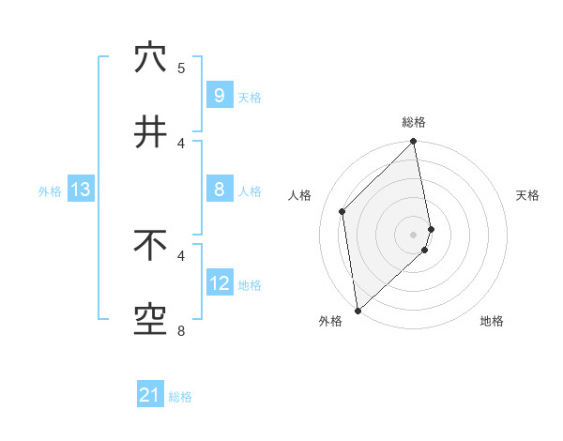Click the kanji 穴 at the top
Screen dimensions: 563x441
coord(150,58)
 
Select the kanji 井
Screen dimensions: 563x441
coord(150,132)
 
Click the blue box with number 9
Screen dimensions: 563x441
coord(219,95)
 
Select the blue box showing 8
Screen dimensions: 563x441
coord(219,190)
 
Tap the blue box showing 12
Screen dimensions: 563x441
coord(219,283)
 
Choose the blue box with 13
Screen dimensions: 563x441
coord(80,190)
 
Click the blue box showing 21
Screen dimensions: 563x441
coord(150,395)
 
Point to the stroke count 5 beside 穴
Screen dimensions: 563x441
coord(181,68)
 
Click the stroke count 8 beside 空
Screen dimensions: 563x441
coord(181,330)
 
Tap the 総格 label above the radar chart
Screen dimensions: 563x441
coord(414,122)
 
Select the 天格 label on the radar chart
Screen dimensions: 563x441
coord(528,195)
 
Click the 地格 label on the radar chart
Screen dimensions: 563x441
coord(492,321)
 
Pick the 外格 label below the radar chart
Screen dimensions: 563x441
coord(330,321)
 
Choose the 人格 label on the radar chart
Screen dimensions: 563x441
coord(300,195)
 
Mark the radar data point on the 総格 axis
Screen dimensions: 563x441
coord(414,143)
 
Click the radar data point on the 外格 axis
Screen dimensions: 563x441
coord(358,310)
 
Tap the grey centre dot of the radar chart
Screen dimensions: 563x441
coord(414,234)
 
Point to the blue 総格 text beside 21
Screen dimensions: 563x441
coord(180,397)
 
